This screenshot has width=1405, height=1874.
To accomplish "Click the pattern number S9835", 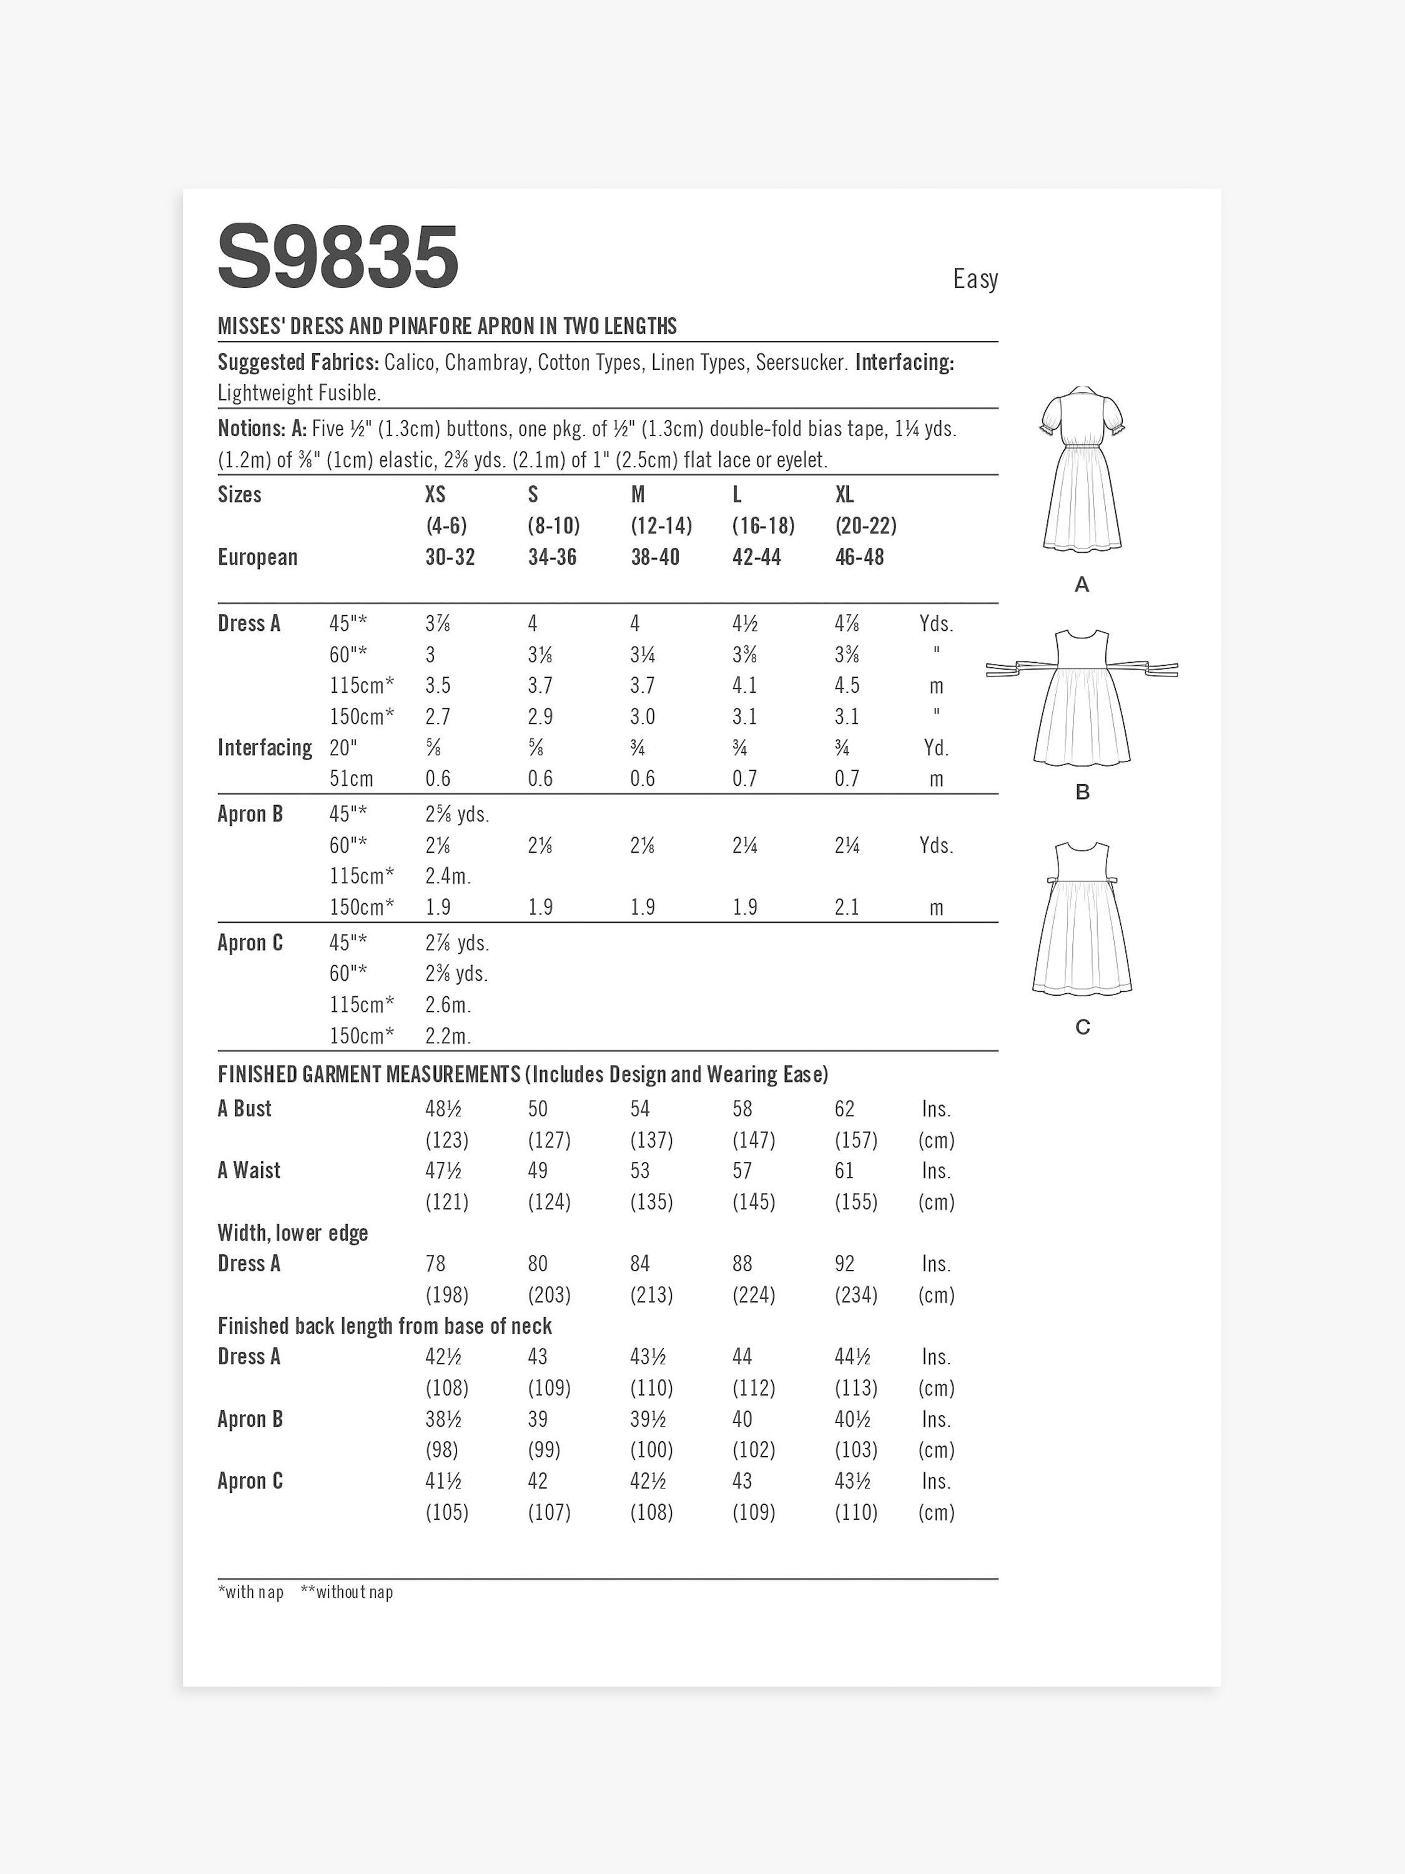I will [x=338, y=257].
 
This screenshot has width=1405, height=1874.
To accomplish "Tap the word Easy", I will [x=975, y=279].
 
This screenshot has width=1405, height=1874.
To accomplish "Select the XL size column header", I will [x=844, y=495].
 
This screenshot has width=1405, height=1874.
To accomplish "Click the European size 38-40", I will [x=654, y=557].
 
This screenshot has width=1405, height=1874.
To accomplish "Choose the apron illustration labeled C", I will [x=1082, y=920].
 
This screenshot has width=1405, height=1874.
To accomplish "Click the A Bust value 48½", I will [x=443, y=1109].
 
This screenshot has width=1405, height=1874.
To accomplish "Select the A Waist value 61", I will [x=844, y=1171].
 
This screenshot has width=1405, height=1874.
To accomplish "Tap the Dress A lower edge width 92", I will [x=844, y=1264].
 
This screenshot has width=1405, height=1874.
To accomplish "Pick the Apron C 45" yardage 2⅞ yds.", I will [x=457, y=943].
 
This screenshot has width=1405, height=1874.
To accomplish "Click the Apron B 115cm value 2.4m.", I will [x=448, y=876].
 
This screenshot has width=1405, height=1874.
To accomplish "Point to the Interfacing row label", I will [x=264, y=748].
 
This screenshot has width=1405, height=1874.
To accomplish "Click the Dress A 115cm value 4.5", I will [x=847, y=685].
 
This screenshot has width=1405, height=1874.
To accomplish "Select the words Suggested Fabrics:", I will [x=298, y=362].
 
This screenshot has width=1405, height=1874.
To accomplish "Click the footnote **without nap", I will [x=347, y=1592].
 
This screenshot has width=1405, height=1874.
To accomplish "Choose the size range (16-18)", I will [x=763, y=526].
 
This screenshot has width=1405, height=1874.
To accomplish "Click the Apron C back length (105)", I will [x=447, y=1512].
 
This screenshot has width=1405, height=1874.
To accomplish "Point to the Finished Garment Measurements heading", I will [x=368, y=1074].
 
